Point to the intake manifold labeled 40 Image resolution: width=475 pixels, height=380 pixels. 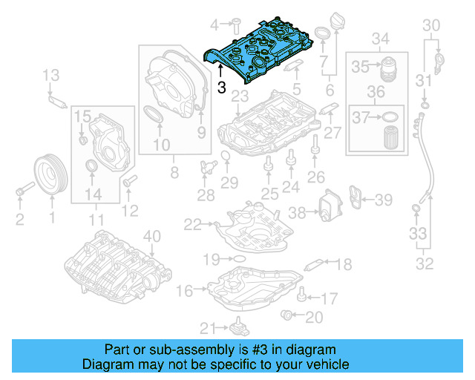tap(111, 263)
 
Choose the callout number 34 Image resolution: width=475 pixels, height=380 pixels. tap(380, 38)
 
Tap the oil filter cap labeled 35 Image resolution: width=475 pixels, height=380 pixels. tap(389, 68)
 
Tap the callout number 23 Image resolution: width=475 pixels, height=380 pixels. tap(239, 97)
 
